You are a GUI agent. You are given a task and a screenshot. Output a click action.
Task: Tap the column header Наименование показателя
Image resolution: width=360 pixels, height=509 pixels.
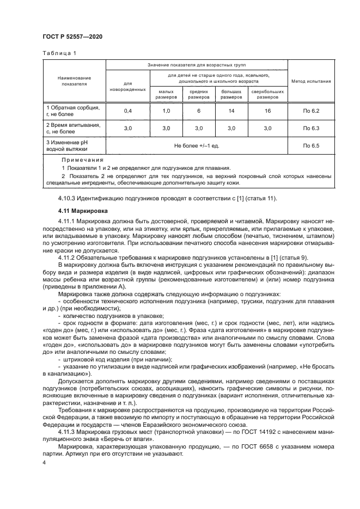[74, 81]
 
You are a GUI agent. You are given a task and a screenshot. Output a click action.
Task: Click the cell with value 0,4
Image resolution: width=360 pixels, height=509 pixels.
[127, 111]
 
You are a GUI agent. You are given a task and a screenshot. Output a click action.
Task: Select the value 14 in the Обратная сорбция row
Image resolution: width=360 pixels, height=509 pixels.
[231, 111]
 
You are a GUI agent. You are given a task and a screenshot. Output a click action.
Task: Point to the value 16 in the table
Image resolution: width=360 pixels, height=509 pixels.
[267, 111]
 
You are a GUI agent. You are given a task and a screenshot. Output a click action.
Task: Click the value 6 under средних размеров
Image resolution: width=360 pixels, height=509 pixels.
[199, 111]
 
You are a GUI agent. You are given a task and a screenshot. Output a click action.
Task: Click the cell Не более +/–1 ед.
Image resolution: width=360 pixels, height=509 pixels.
[197, 146]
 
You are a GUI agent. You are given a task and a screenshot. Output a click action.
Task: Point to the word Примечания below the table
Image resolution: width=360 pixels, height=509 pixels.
[82, 160]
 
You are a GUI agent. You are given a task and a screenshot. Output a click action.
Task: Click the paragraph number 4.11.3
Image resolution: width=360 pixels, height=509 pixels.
[67, 432]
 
